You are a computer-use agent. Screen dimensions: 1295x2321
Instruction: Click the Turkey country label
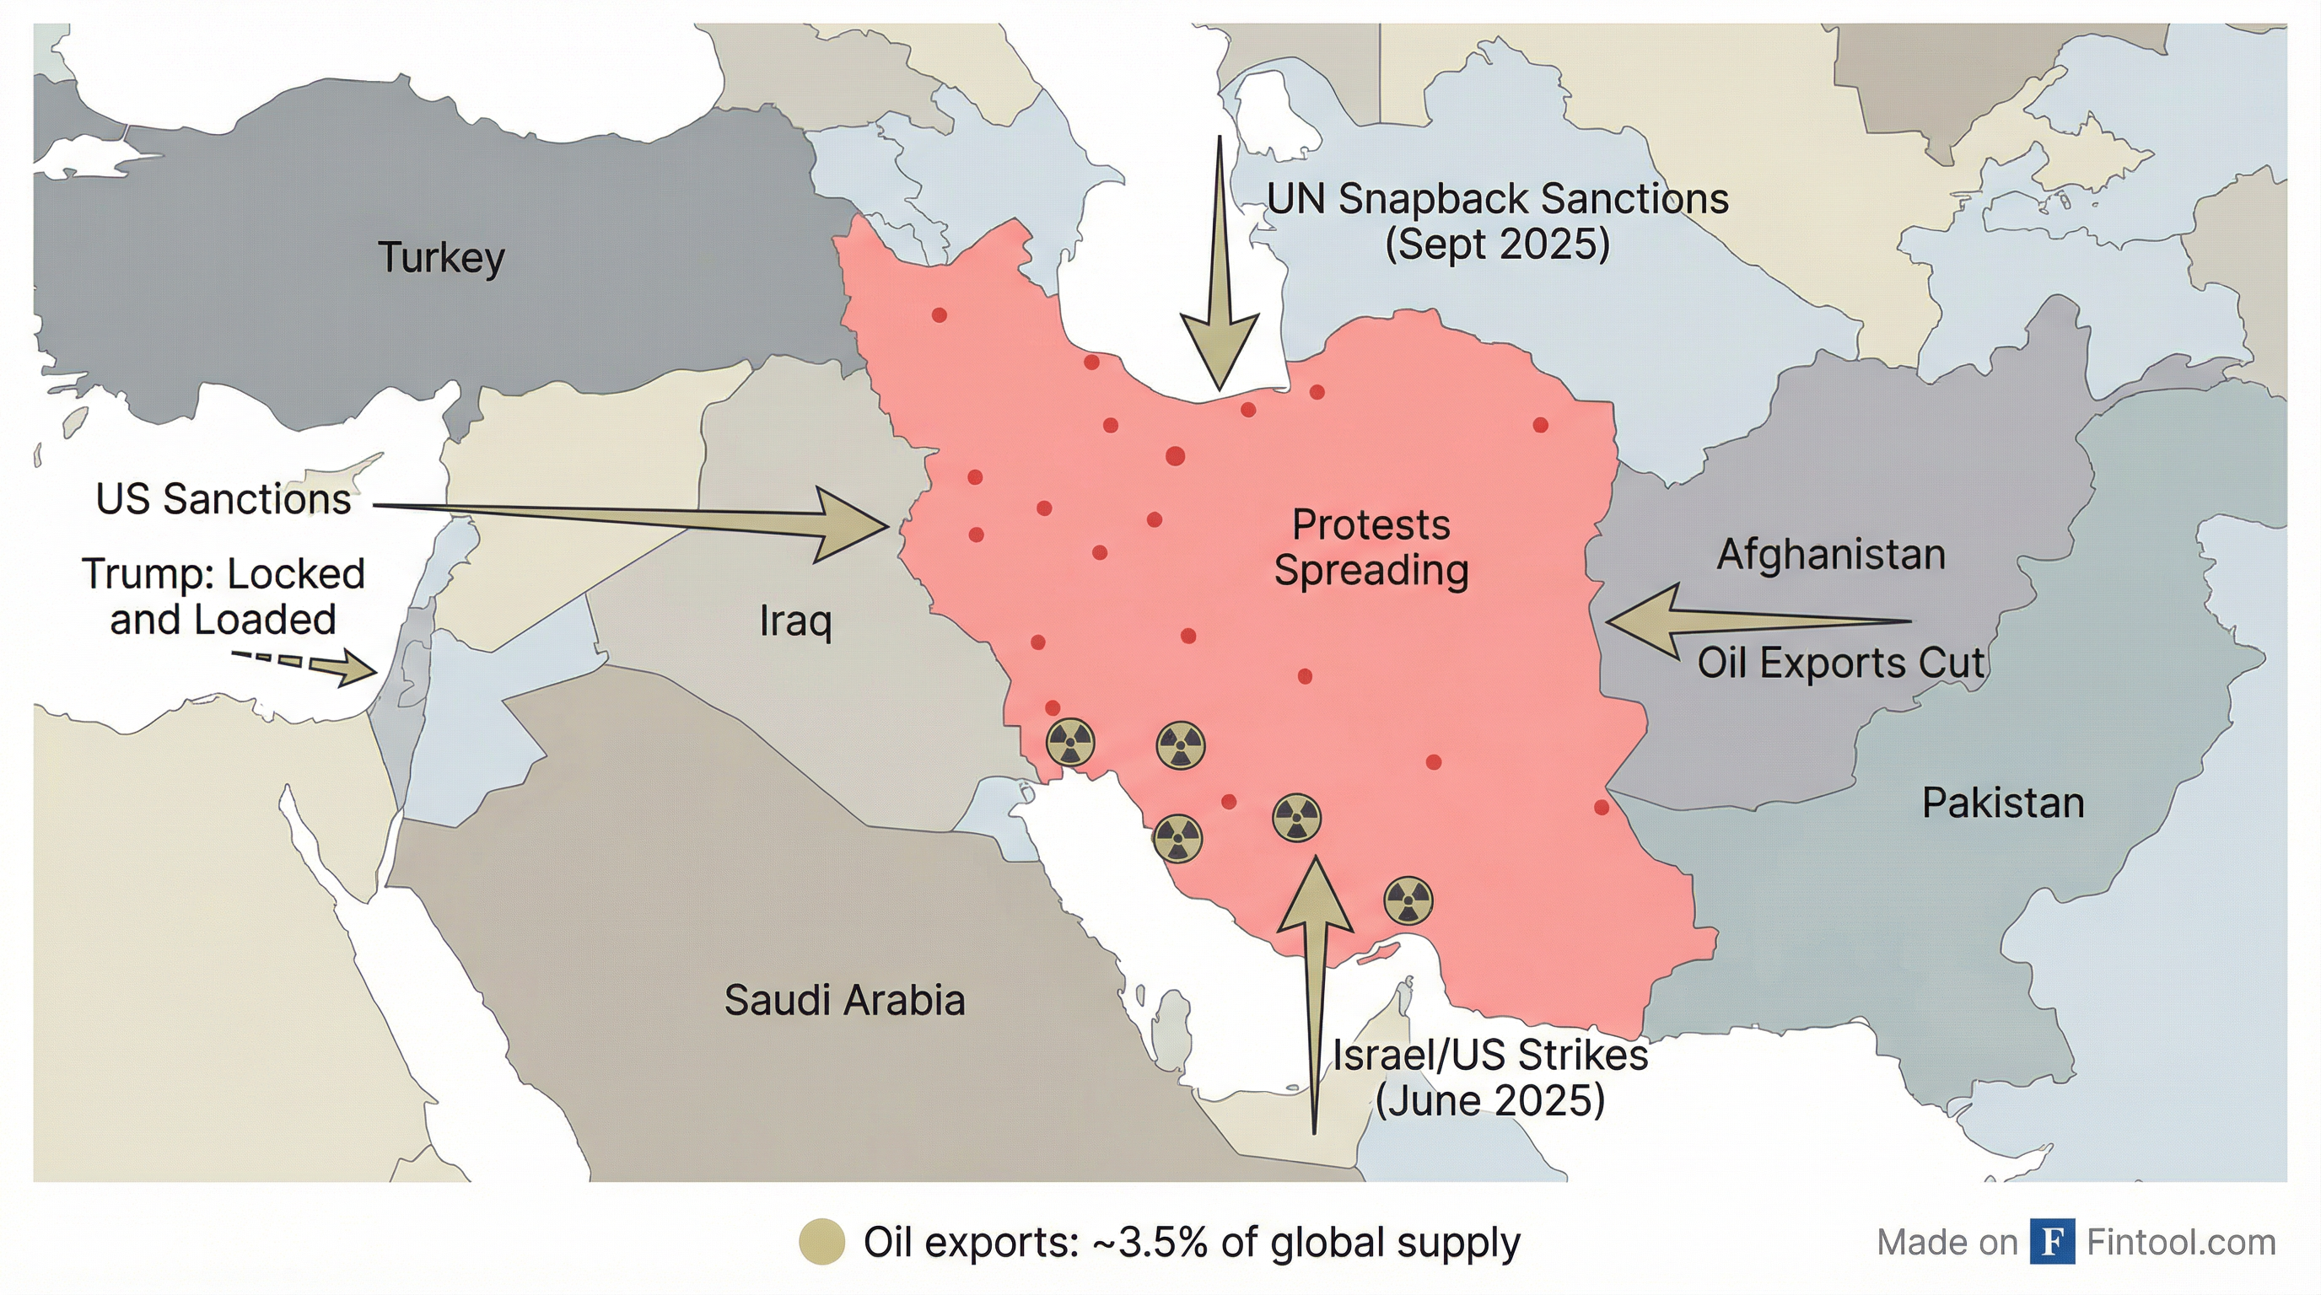tap(440, 259)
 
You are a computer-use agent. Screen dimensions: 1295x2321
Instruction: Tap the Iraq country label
tap(794, 621)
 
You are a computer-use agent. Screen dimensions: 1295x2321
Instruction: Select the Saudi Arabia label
tap(844, 1001)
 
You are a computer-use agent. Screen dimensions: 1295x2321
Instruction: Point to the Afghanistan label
tap(1831, 554)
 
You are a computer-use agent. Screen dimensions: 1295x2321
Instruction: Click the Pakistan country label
tap(2003, 803)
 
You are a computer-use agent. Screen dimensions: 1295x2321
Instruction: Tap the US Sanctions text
tap(223, 499)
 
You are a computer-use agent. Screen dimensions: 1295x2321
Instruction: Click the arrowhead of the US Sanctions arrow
tap(856, 525)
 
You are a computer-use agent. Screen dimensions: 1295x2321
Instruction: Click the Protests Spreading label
tap(1371, 547)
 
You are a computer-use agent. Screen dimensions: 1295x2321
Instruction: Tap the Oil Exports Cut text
tap(1841, 664)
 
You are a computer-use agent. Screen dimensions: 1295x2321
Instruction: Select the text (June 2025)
tap(1489, 1100)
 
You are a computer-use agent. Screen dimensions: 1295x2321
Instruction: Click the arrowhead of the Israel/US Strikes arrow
tap(1315, 896)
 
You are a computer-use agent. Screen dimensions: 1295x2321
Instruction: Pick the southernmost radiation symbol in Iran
tap(1408, 900)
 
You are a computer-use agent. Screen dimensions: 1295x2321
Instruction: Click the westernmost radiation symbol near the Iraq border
tap(1069, 743)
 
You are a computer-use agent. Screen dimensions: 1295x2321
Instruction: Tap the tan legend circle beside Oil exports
tap(821, 1242)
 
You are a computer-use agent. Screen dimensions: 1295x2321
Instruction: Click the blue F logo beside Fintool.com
tap(2053, 1242)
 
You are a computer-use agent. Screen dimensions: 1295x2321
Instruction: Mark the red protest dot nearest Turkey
tap(939, 315)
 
